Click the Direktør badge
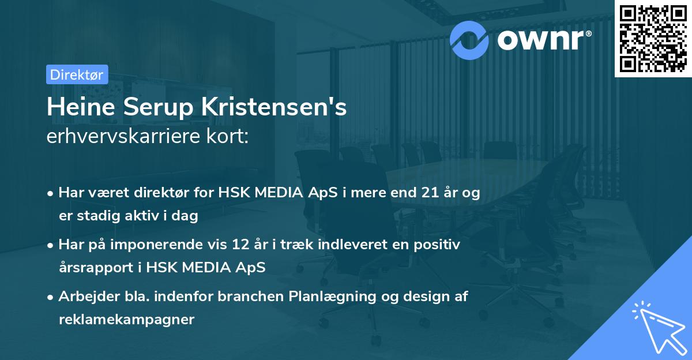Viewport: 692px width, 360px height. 77,74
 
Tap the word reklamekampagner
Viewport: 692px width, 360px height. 126,319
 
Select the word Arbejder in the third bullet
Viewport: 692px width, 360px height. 83,297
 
